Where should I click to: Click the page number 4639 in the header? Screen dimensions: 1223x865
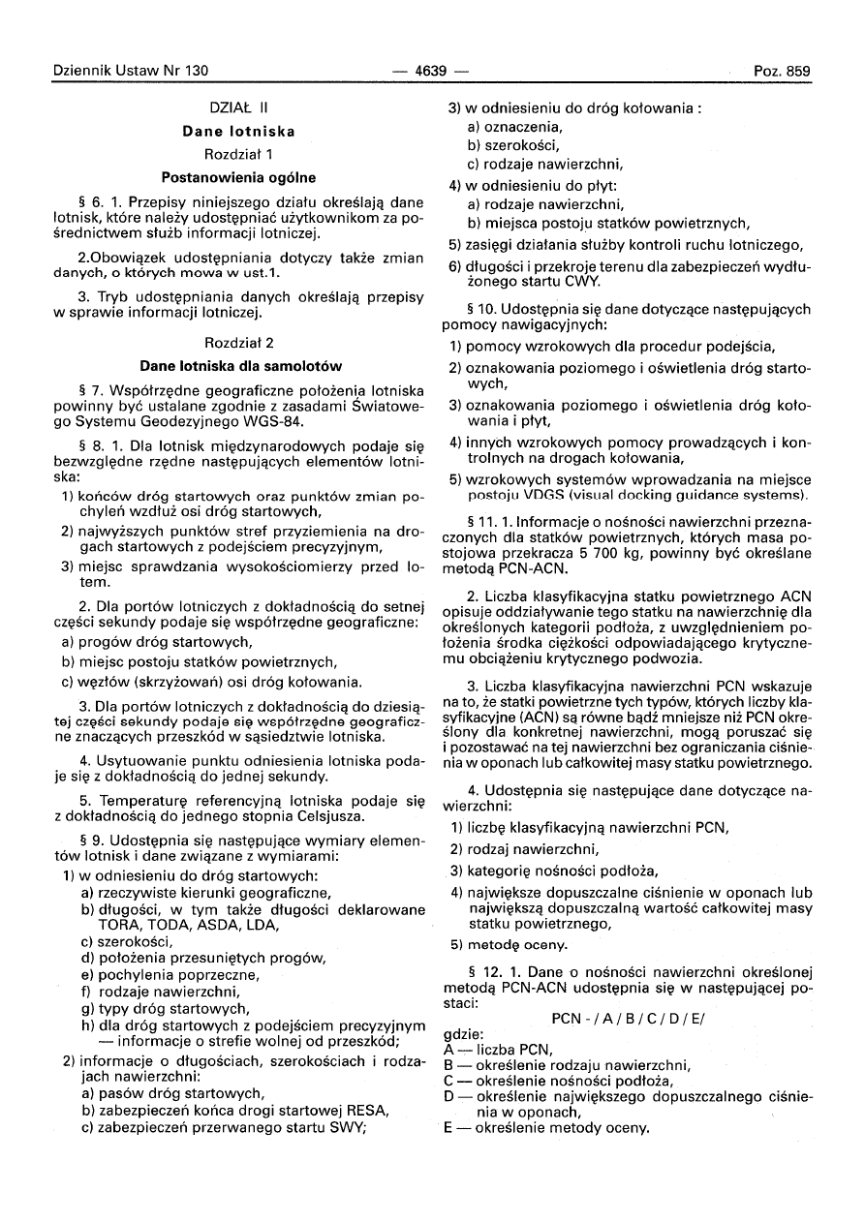[x=432, y=71]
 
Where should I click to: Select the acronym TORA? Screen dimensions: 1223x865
[x=113, y=925]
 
